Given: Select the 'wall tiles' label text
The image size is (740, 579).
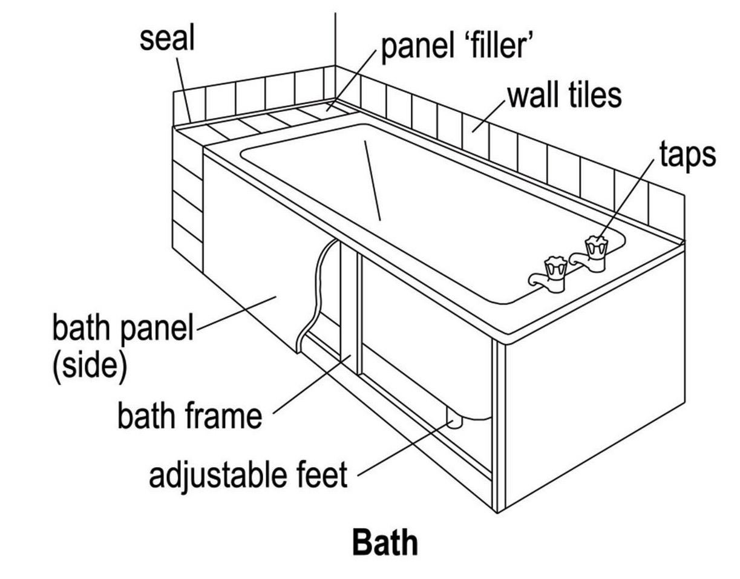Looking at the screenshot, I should tap(564, 95).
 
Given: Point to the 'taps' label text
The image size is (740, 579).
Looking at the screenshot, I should tap(687, 155).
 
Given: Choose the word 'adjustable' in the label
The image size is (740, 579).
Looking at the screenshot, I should tap(218, 475).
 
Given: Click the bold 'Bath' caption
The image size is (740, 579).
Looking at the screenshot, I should tap(385, 542).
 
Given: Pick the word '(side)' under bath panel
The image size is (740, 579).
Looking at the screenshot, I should tap(90, 365).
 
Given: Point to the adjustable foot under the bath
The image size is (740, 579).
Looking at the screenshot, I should tap(455, 419).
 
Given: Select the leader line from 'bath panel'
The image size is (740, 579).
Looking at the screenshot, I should tap(236, 312).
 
